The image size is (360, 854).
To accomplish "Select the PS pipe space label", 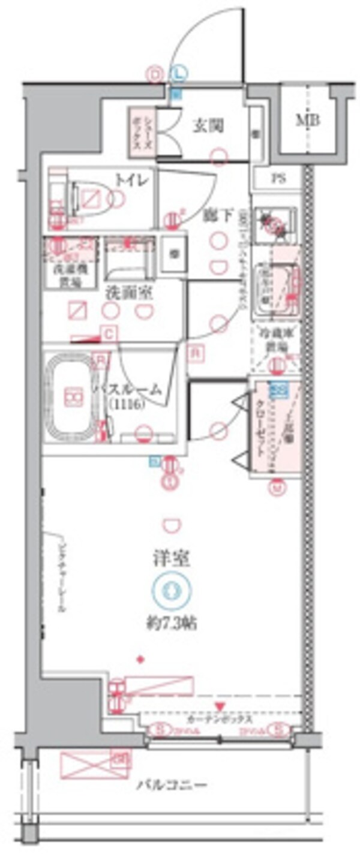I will coord(277,178).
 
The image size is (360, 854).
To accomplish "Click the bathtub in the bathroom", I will coord(71,397).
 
